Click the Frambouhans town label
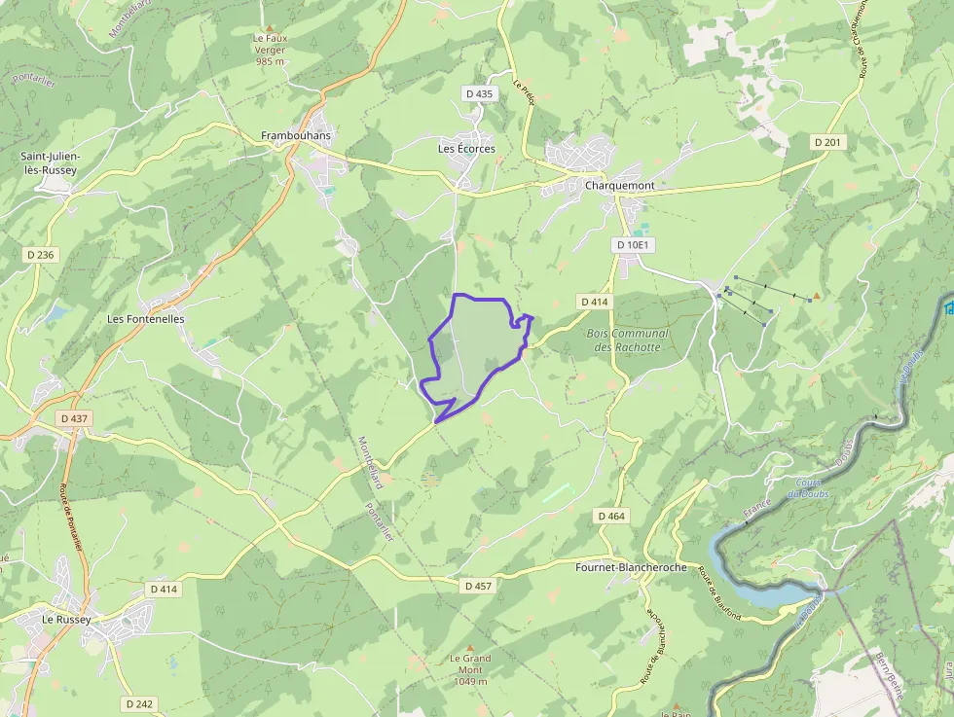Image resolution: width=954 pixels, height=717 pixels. click(x=296, y=135)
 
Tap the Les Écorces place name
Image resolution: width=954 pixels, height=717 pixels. click(x=466, y=149)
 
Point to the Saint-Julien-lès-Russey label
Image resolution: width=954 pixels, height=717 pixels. click(x=51, y=162)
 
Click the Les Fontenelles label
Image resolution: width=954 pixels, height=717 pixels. click(x=146, y=318)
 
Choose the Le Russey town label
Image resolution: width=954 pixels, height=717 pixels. click(x=66, y=619)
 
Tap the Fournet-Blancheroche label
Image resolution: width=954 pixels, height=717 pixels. click(x=631, y=567)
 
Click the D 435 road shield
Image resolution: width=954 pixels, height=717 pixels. click(x=480, y=93)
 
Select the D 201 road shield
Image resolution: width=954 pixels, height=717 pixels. click(x=828, y=142)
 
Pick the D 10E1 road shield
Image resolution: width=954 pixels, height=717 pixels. click(x=632, y=244)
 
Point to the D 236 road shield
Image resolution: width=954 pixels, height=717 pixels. click(x=42, y=254)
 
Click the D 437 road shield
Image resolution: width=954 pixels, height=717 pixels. click(x=73, y=418)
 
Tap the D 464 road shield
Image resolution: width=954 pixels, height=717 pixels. click(x=611, y=516)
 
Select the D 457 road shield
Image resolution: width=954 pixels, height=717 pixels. click(x=479, y=586)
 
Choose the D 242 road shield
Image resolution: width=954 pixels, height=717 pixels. click(x=139, y=702)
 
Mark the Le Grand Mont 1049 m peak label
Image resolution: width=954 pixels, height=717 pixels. click(x=470, y=669)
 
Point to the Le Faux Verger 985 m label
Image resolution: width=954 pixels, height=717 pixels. click(x=270, y=49)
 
